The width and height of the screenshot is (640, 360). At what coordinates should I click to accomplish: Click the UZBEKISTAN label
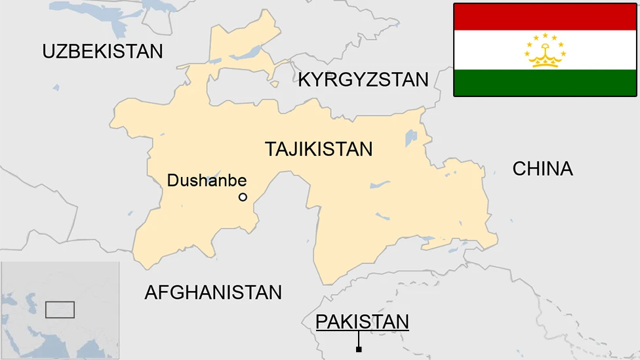point(102,51)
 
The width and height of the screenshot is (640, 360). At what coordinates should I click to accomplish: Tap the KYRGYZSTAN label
point(363,80)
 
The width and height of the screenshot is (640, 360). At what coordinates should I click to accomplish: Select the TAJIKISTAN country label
point(319,149)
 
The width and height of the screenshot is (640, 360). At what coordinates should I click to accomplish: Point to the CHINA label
point(542,169)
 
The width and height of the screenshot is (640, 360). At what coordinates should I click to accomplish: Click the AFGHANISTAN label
point(213,292)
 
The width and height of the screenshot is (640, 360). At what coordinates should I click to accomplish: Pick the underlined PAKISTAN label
point(362,322)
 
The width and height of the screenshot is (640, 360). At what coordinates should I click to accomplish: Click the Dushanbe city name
point(207,180)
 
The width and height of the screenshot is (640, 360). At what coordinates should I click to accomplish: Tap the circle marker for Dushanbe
point(243,197)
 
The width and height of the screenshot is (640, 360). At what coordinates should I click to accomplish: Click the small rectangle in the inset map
point(60,310)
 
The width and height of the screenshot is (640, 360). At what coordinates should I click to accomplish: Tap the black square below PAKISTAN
point(359,350)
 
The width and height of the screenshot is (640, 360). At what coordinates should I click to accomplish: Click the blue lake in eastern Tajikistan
point(411,138)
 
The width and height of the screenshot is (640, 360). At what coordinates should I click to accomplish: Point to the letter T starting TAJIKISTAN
point(270,149)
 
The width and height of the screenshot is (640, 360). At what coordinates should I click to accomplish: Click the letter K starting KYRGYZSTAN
point(304,80)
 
